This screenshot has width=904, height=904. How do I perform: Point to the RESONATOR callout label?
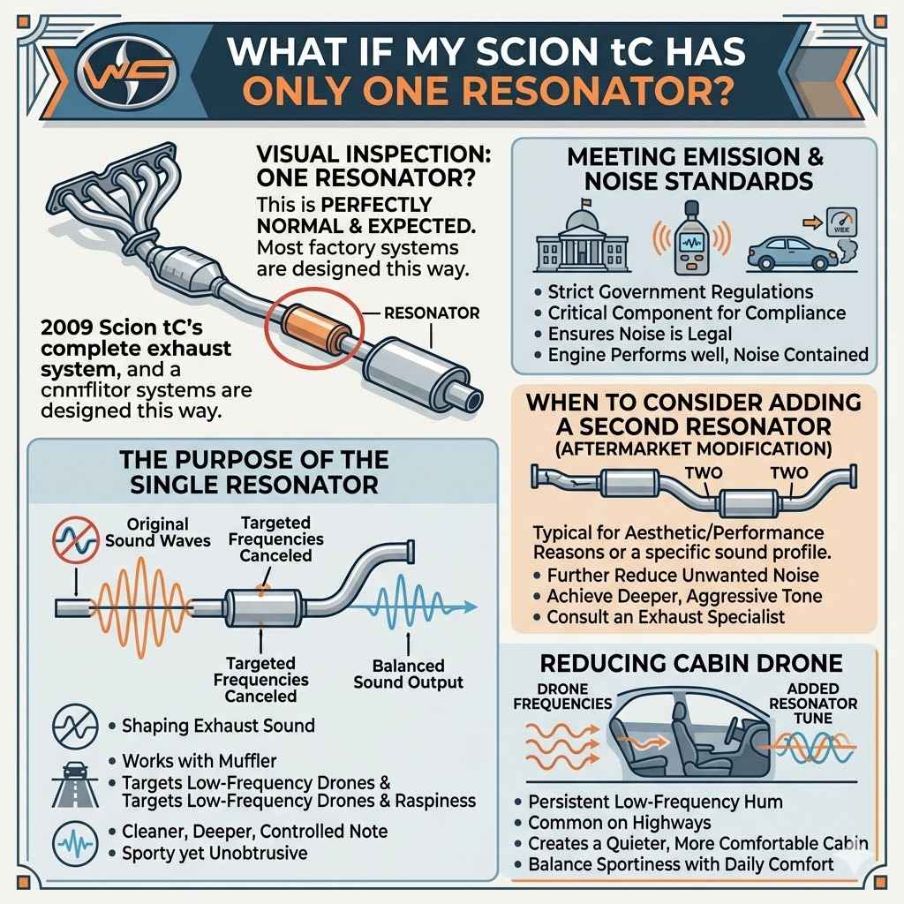[433, 313]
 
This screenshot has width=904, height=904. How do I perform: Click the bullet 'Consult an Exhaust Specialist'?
[666, 616]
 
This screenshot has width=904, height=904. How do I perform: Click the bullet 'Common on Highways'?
[620, 823]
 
